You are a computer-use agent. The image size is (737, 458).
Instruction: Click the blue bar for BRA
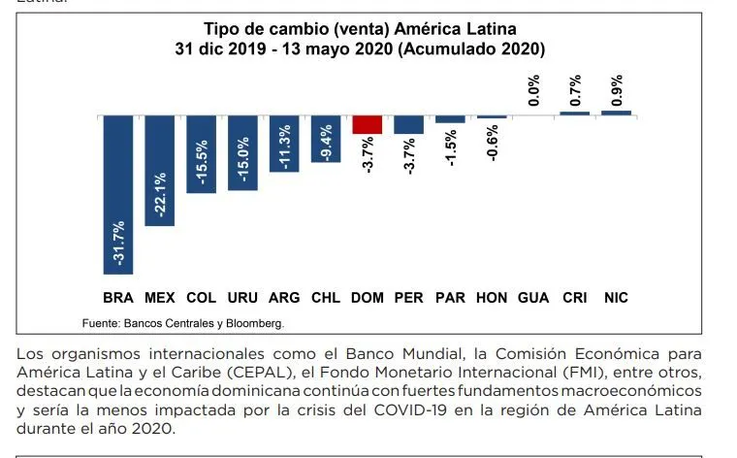click(x=118, y=195)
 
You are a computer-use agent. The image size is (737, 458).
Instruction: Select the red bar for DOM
click(x=368, y=124)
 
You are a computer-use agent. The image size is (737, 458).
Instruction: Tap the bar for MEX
click(x=159, y=171)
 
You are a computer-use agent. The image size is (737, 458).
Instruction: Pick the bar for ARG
click(x=284, y=144)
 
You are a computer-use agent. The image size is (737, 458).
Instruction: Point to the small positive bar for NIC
click(x=616, y=114)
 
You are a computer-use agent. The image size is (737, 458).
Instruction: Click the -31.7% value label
click(x=118, y=244)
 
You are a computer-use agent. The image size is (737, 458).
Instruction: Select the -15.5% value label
click(x=201, y=162)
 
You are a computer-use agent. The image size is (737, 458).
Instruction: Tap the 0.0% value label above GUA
click(x=533, y=90)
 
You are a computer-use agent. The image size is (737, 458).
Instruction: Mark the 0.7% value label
click(x=575, y=90)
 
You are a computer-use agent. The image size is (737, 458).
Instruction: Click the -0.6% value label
click(x=492, y=144)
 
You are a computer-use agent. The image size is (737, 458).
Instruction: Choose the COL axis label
click(x=201, y=298)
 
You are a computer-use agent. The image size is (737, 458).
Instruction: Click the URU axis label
click(x=242, y=298)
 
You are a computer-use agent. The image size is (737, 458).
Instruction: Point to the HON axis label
click(x=492, y=298)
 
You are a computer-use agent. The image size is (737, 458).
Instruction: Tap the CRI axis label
click(x=575, y=298)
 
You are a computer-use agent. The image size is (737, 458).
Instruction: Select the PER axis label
click(x=408, y=298)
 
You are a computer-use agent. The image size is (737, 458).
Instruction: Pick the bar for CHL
click(x=326, y=139)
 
